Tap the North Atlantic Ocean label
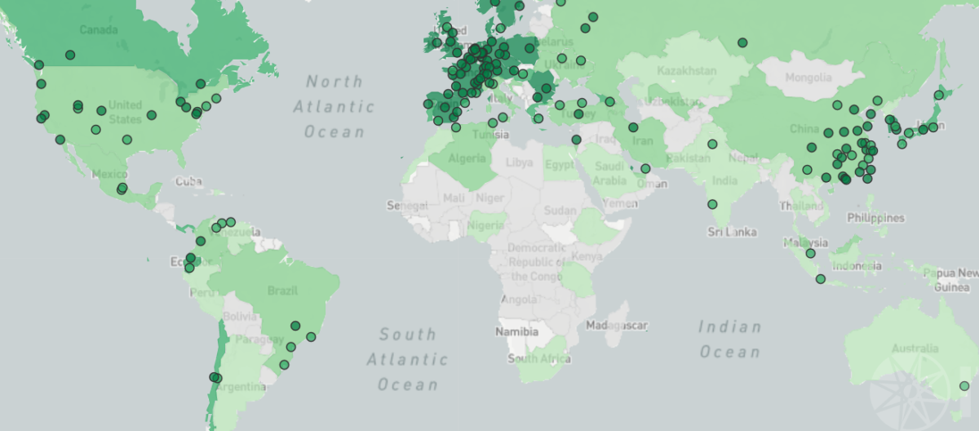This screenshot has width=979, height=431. pyautogui.click(x=334, y=106)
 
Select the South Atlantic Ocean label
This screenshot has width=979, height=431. pyautogui.click(x=407, y=359)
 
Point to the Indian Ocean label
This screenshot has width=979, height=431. pyautogui.click(x=729, y=340)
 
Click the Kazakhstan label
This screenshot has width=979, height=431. pyautogui.click(x=689, y=71)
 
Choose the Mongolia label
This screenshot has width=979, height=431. pyautogui.click(x=807, y=78)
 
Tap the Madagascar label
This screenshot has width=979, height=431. pyautogui.click(x=617, y=327)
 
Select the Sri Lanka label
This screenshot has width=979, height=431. pyautogui.click(x=732, y=232)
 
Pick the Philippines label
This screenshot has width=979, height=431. pyautogui.click(x=875, y=218)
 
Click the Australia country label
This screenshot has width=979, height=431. pyautogui.click(x=915, y=349)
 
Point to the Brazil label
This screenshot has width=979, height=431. pyautogui.click(x=282, y=291)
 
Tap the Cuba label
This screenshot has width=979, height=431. pyautogui.click(x=188, y=181)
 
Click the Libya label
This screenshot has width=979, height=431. pyautogui.click(x=519, y=162)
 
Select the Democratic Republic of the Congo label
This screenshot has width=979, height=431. pyautogui.click(x=536, y=261)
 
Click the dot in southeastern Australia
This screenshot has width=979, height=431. pyautogui.click(x=964, y=386)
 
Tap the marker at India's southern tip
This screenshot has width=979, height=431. pyautogui.click(x=712, y=204)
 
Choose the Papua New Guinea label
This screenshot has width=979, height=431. pyautogui.click(x=950, y=280)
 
